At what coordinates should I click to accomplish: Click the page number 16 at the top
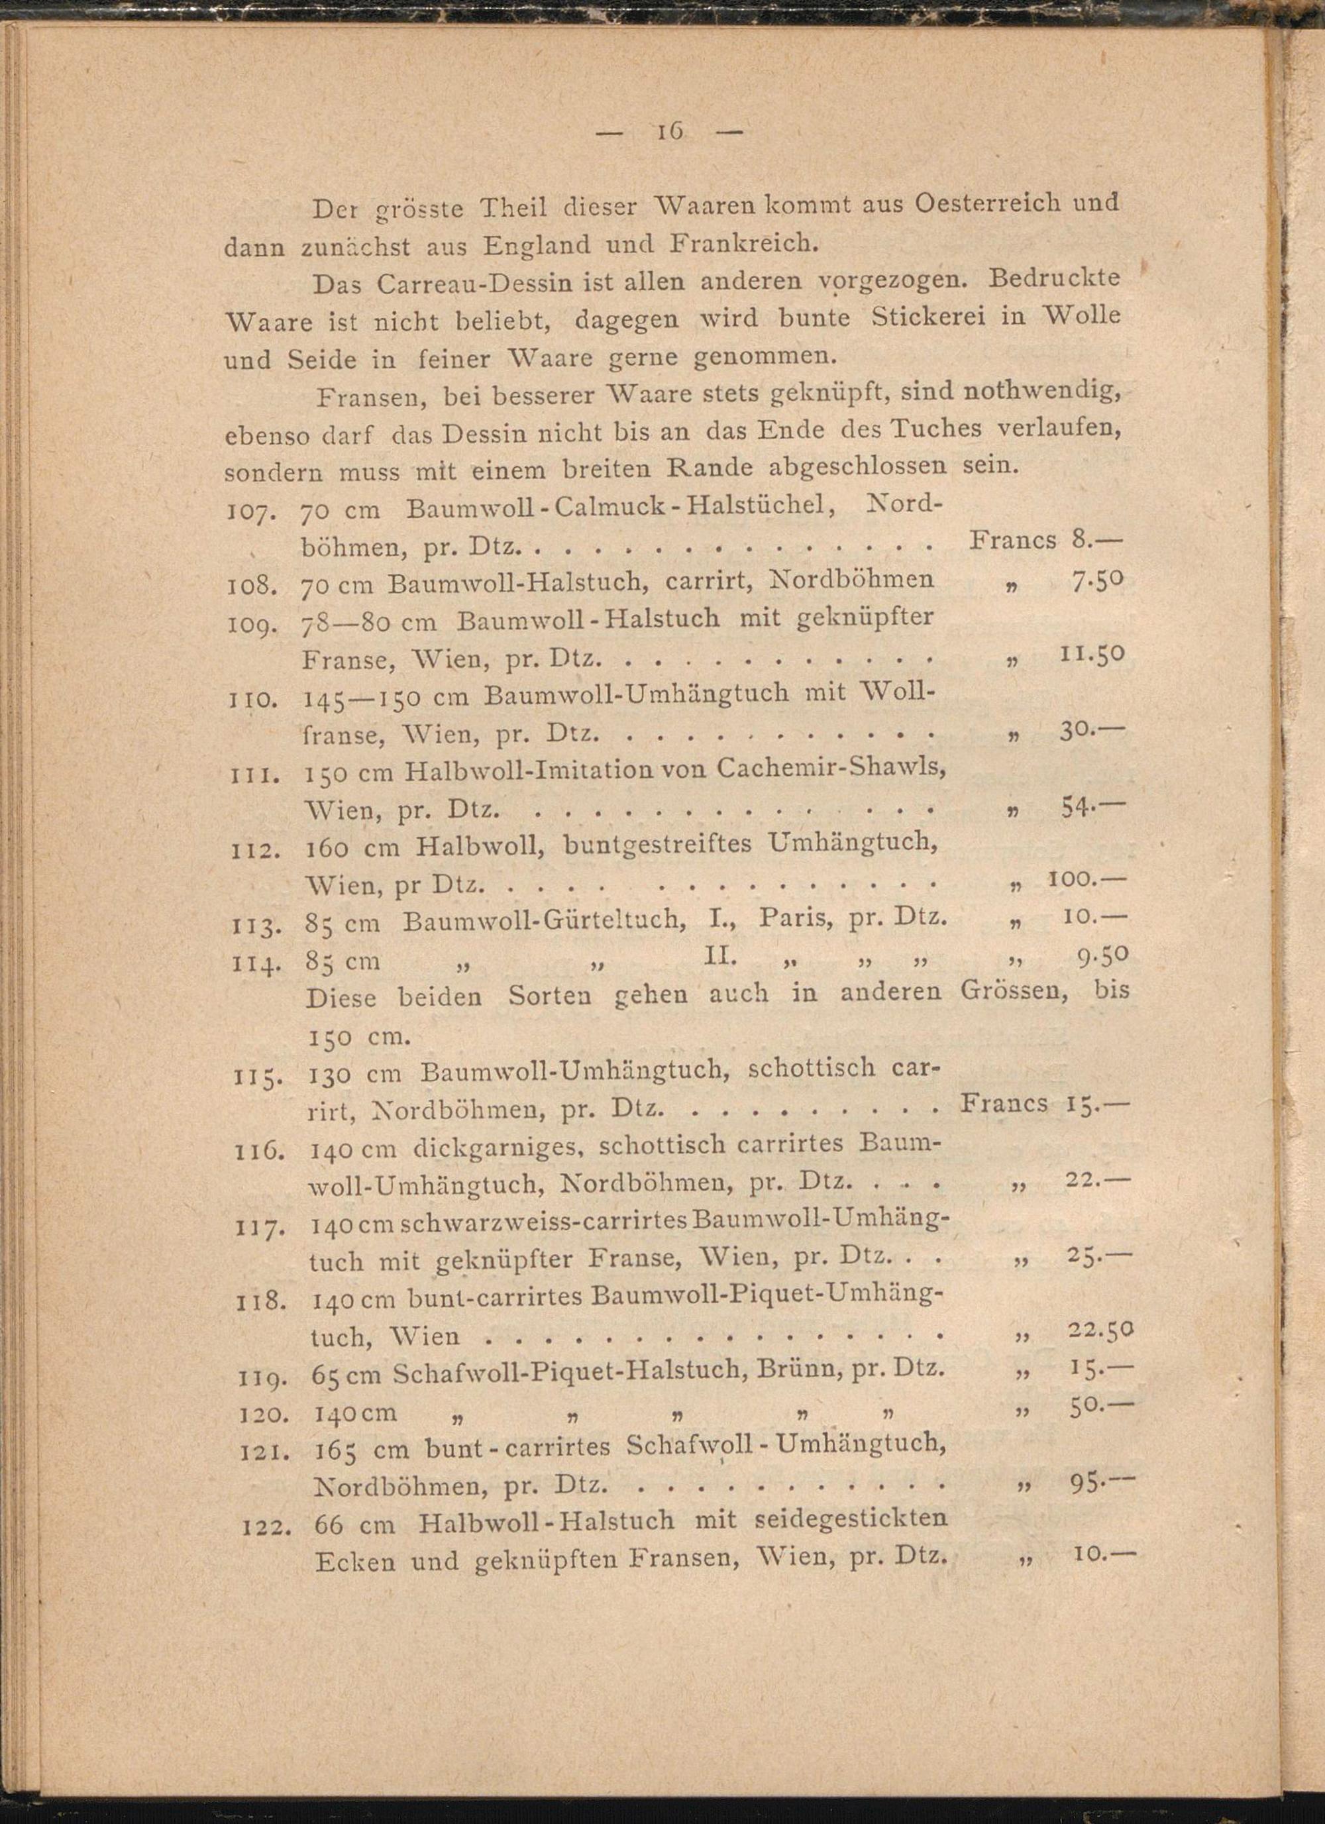[x=670, y=131]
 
